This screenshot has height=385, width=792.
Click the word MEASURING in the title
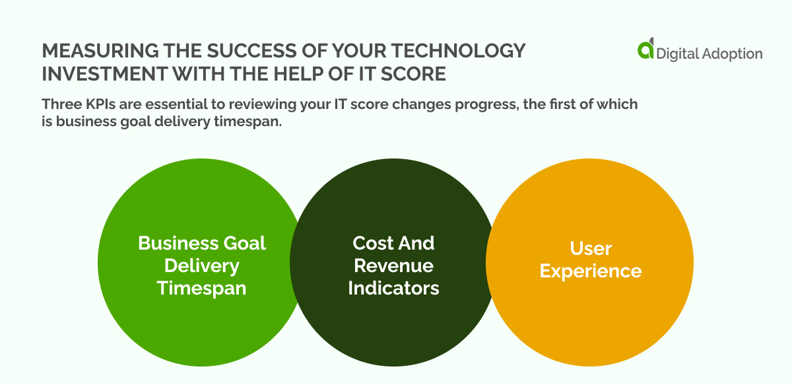pos(98,51)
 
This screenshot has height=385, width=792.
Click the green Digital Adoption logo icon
pos(645,51)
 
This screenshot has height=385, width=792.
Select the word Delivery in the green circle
pos(201,265)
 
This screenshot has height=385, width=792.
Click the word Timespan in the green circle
pos(201,289)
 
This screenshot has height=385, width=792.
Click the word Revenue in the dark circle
pos(393,265)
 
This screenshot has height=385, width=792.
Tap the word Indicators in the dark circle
pos(393,289)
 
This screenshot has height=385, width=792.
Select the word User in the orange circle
pos(590,248)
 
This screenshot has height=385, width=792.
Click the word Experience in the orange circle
pos(590,271)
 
